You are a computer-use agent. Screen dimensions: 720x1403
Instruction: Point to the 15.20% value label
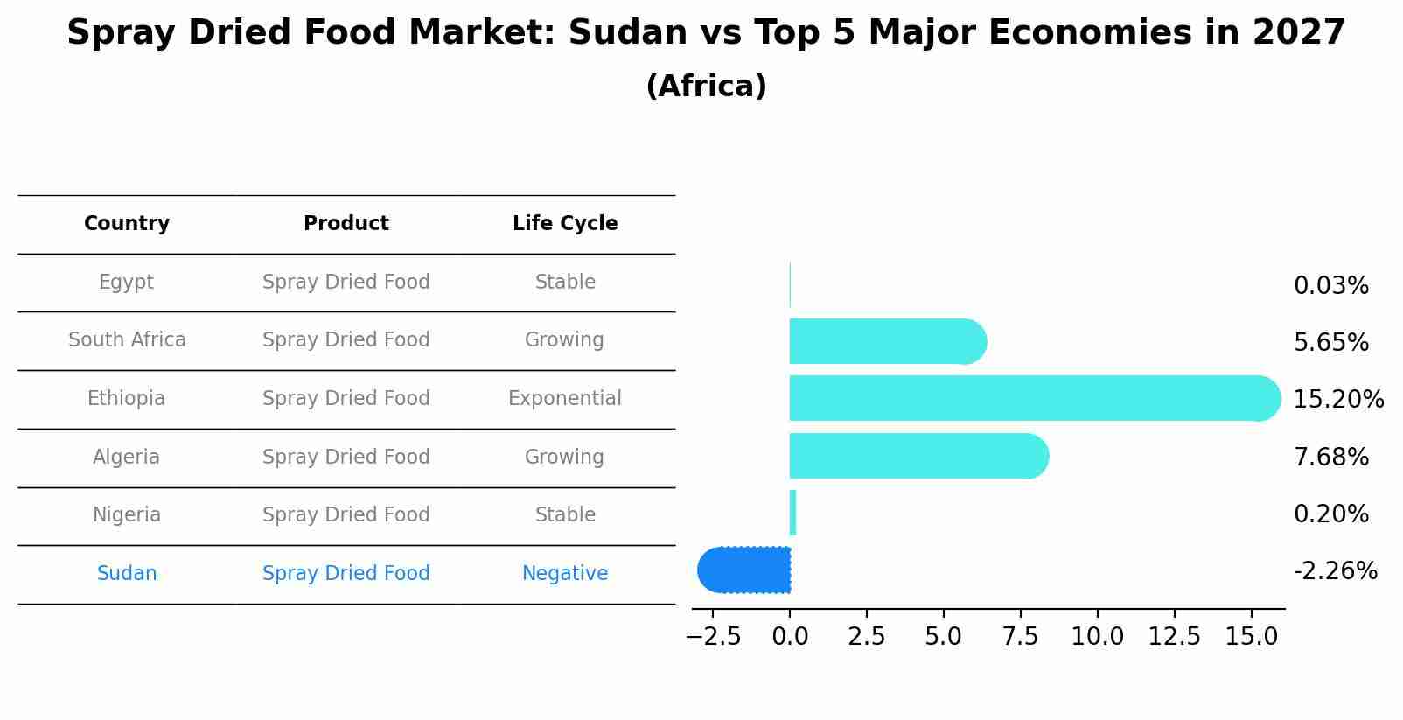[1337, 400]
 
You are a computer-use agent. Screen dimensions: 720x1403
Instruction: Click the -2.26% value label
[1335, 571]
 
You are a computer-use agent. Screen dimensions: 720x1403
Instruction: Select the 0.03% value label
[1330, 286]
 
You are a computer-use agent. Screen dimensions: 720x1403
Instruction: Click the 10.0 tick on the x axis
[1097, 637]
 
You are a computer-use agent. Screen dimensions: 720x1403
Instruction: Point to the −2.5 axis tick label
[713, 637]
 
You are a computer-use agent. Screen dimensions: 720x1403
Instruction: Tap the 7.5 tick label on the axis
[1020, 637]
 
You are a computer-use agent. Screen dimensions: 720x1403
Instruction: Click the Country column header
[127, 224]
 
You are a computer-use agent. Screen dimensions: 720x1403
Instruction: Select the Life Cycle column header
[565, 224]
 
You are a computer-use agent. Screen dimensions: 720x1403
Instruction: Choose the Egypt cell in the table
[127, 283]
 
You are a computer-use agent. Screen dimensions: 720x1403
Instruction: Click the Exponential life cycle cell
[565, 399]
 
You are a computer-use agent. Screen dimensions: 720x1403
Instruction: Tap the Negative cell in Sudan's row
[565, 574]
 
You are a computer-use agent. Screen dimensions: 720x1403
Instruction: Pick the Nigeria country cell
[127, 515]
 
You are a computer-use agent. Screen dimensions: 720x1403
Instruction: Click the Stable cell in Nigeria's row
[565, 515]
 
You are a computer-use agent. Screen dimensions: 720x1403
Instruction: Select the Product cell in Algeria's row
[346, 458]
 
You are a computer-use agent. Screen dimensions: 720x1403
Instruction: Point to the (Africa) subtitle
[706, 87]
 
